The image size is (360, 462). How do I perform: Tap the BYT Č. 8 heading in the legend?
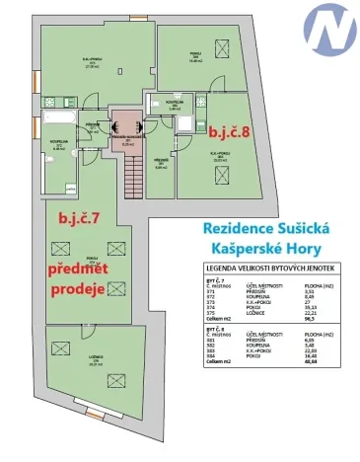click(x=216, y=331)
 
